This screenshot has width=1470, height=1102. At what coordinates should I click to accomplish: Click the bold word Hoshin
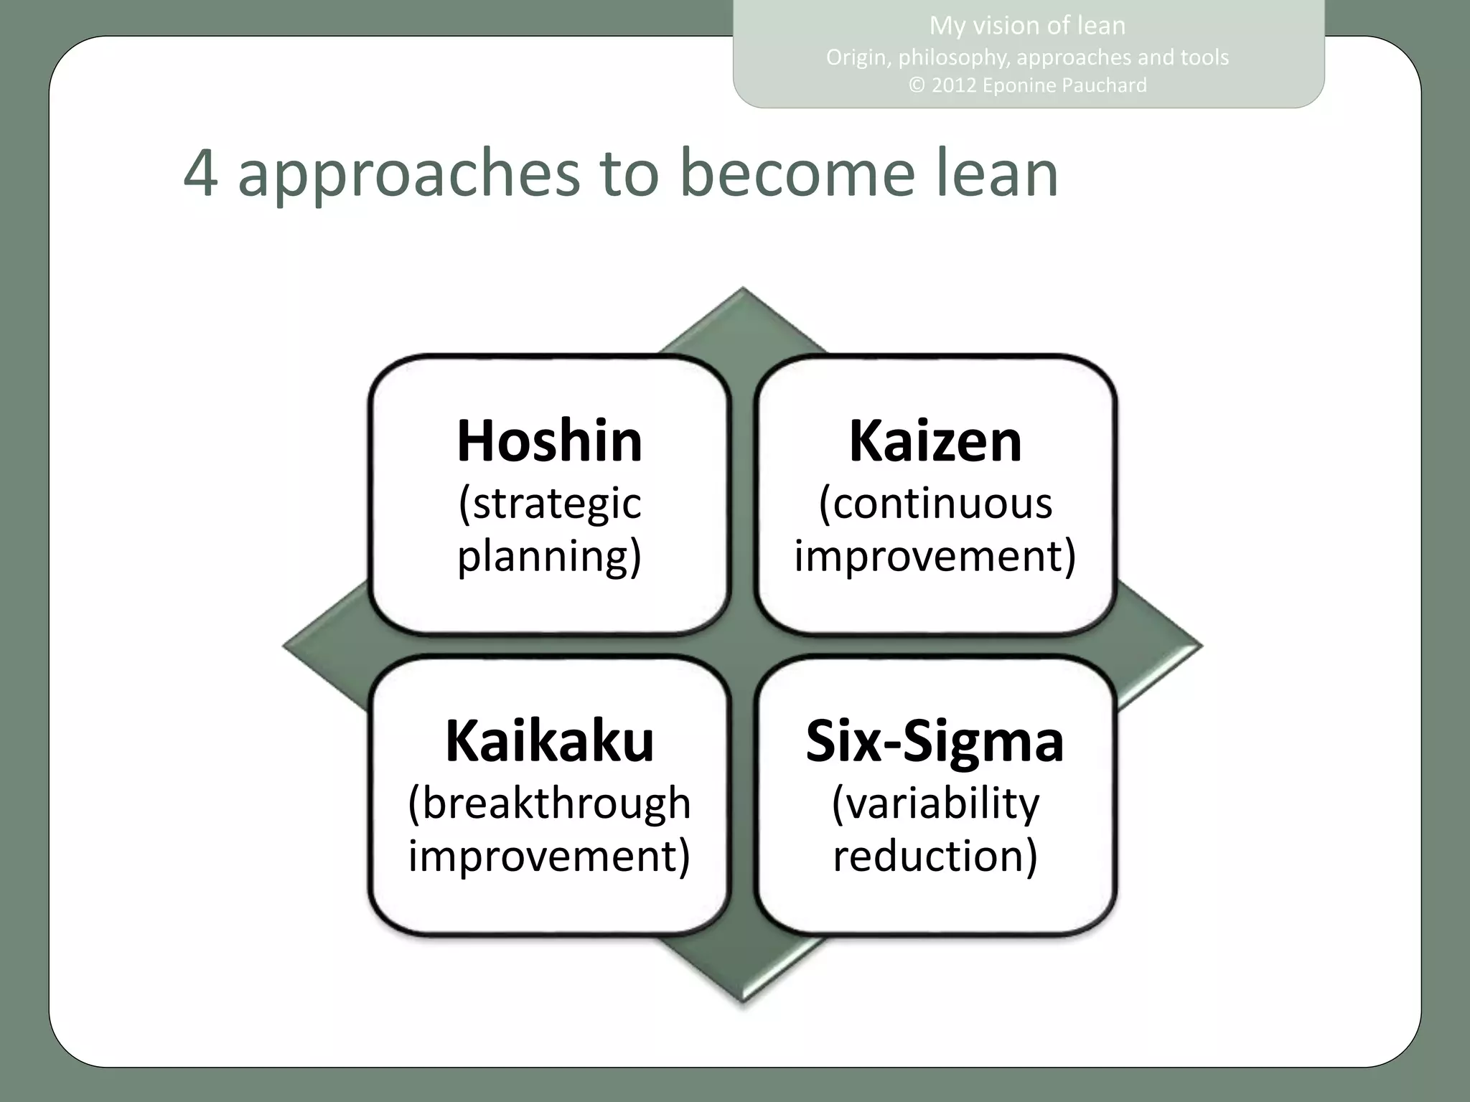[549, 441]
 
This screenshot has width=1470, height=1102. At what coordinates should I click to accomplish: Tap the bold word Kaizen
[935, 441]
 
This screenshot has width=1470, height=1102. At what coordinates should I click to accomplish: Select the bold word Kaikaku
[549, 740]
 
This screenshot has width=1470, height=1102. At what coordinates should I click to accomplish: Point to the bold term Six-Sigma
[935, 740]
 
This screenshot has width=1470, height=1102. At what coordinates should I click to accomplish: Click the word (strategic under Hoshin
[549, 504]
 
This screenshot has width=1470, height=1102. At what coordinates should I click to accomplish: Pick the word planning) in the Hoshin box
[549, 557]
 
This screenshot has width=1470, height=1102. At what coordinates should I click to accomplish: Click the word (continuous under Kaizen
[935, 504]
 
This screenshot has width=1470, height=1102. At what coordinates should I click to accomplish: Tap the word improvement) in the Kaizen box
[935, 556]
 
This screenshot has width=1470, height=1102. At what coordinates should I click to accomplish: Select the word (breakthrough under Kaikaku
[549, 804]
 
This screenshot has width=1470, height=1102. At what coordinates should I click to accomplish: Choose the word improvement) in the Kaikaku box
[549, 856]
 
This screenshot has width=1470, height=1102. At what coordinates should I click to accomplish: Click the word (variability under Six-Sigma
[935, 804]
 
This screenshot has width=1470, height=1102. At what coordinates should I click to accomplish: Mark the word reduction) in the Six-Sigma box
[935, 856]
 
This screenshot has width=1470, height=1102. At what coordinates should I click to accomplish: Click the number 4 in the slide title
[200, 174]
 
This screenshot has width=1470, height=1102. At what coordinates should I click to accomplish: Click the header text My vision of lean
[1027, 26]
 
